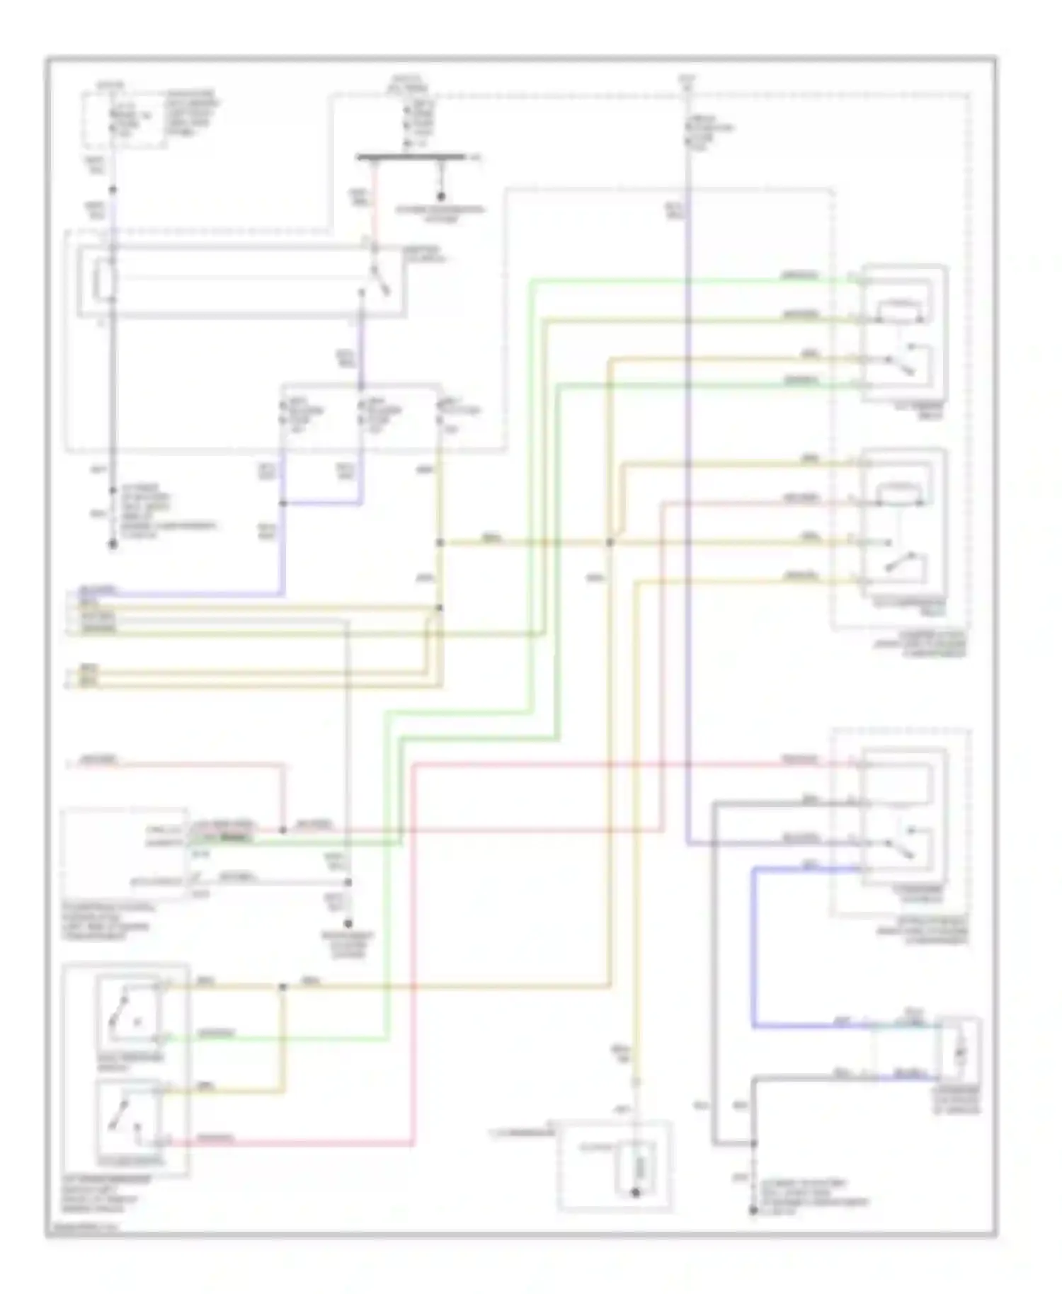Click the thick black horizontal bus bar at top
pyautogui.click(x=411, y=157)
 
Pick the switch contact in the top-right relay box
pyautogui.click(x=903, y=360)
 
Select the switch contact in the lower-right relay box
pyautogui.click(x=903, y=842)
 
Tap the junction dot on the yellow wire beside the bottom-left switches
pyautogui.click(x=282, y=986)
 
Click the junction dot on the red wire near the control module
pyautogui.click(x=282, y=829)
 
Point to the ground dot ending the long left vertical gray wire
pyautogui.click(x=112, y=544)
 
